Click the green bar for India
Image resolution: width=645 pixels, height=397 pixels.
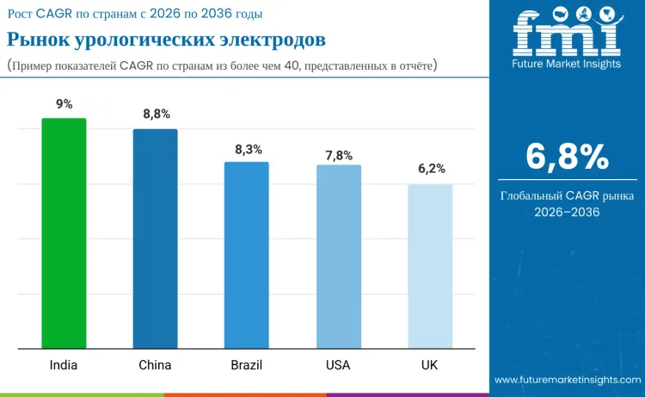[64, 233]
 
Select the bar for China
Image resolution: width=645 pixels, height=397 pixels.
[155, 239]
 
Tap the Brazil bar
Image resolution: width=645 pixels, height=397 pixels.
[247, 255]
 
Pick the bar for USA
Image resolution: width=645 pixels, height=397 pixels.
[338, 257]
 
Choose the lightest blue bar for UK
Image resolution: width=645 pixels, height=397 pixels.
[430, 266]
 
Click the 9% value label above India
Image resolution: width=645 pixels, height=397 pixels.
[64, 104]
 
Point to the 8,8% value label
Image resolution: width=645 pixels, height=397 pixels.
[156, 115]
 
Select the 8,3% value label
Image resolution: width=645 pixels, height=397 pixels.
[248, 149]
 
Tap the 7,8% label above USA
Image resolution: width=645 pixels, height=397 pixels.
[339, 155]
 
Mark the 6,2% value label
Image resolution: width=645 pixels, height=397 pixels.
[431, 169]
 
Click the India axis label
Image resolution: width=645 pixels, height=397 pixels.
[64, 365]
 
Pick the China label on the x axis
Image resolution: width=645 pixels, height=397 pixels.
[155, 365]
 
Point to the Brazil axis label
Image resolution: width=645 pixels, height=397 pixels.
[247, 365]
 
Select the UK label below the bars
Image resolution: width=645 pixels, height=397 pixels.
[430, 365]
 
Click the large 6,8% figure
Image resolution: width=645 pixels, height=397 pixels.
[567, 158]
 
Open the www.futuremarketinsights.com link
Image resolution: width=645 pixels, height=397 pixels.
[568, 380]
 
